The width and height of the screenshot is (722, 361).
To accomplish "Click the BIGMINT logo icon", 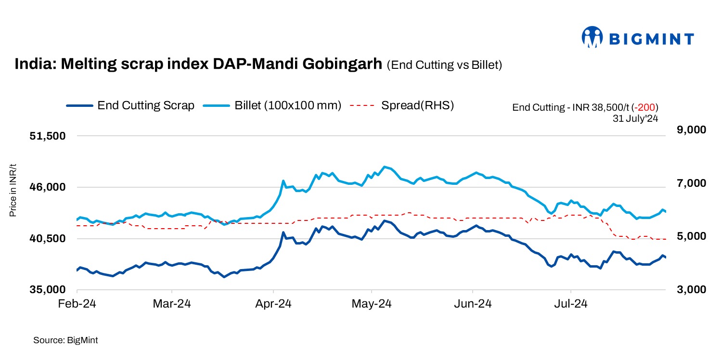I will (593, 37).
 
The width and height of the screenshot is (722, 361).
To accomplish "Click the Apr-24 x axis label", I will (273, 304).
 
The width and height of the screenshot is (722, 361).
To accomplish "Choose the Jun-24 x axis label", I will (472, 304).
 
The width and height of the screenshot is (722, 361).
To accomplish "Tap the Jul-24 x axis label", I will (571, 304).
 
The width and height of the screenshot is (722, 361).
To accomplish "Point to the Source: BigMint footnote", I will (65, 340).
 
